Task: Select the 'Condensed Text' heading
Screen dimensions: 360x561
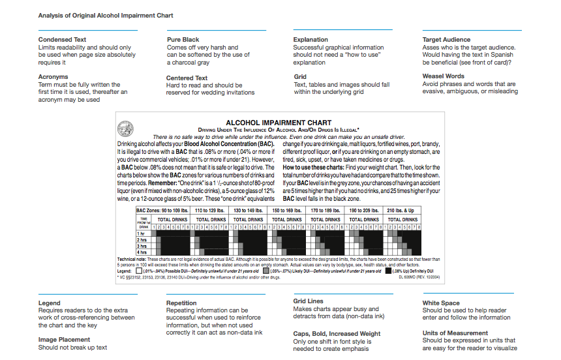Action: click(x=63, y=40)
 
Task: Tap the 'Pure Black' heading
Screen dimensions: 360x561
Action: click(x=183, y=40)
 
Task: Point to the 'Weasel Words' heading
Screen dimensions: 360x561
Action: click(x=444, y=76)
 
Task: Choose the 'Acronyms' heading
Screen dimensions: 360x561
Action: click(x=53, y=77)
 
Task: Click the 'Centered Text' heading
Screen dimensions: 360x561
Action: click(x=187, y=78)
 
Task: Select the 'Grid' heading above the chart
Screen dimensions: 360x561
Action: click(x=300, y=77)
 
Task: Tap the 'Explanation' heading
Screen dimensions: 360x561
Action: click(x=311, y=40)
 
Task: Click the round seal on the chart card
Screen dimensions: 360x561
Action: click(x=125, y=129)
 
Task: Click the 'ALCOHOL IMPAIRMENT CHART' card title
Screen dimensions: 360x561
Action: click(x=279, y=123)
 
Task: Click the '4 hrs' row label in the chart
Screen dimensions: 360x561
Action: click(x=142, y=252)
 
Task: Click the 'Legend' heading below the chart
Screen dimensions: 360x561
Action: click(x=50, y=303)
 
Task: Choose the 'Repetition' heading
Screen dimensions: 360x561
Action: click(x=181, y=303)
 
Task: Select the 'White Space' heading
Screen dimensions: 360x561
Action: click(x=441, y=303)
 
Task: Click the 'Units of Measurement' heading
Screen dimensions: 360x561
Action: click(x=455, y=333)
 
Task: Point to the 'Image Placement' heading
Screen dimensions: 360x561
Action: click(x=65, y=340)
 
